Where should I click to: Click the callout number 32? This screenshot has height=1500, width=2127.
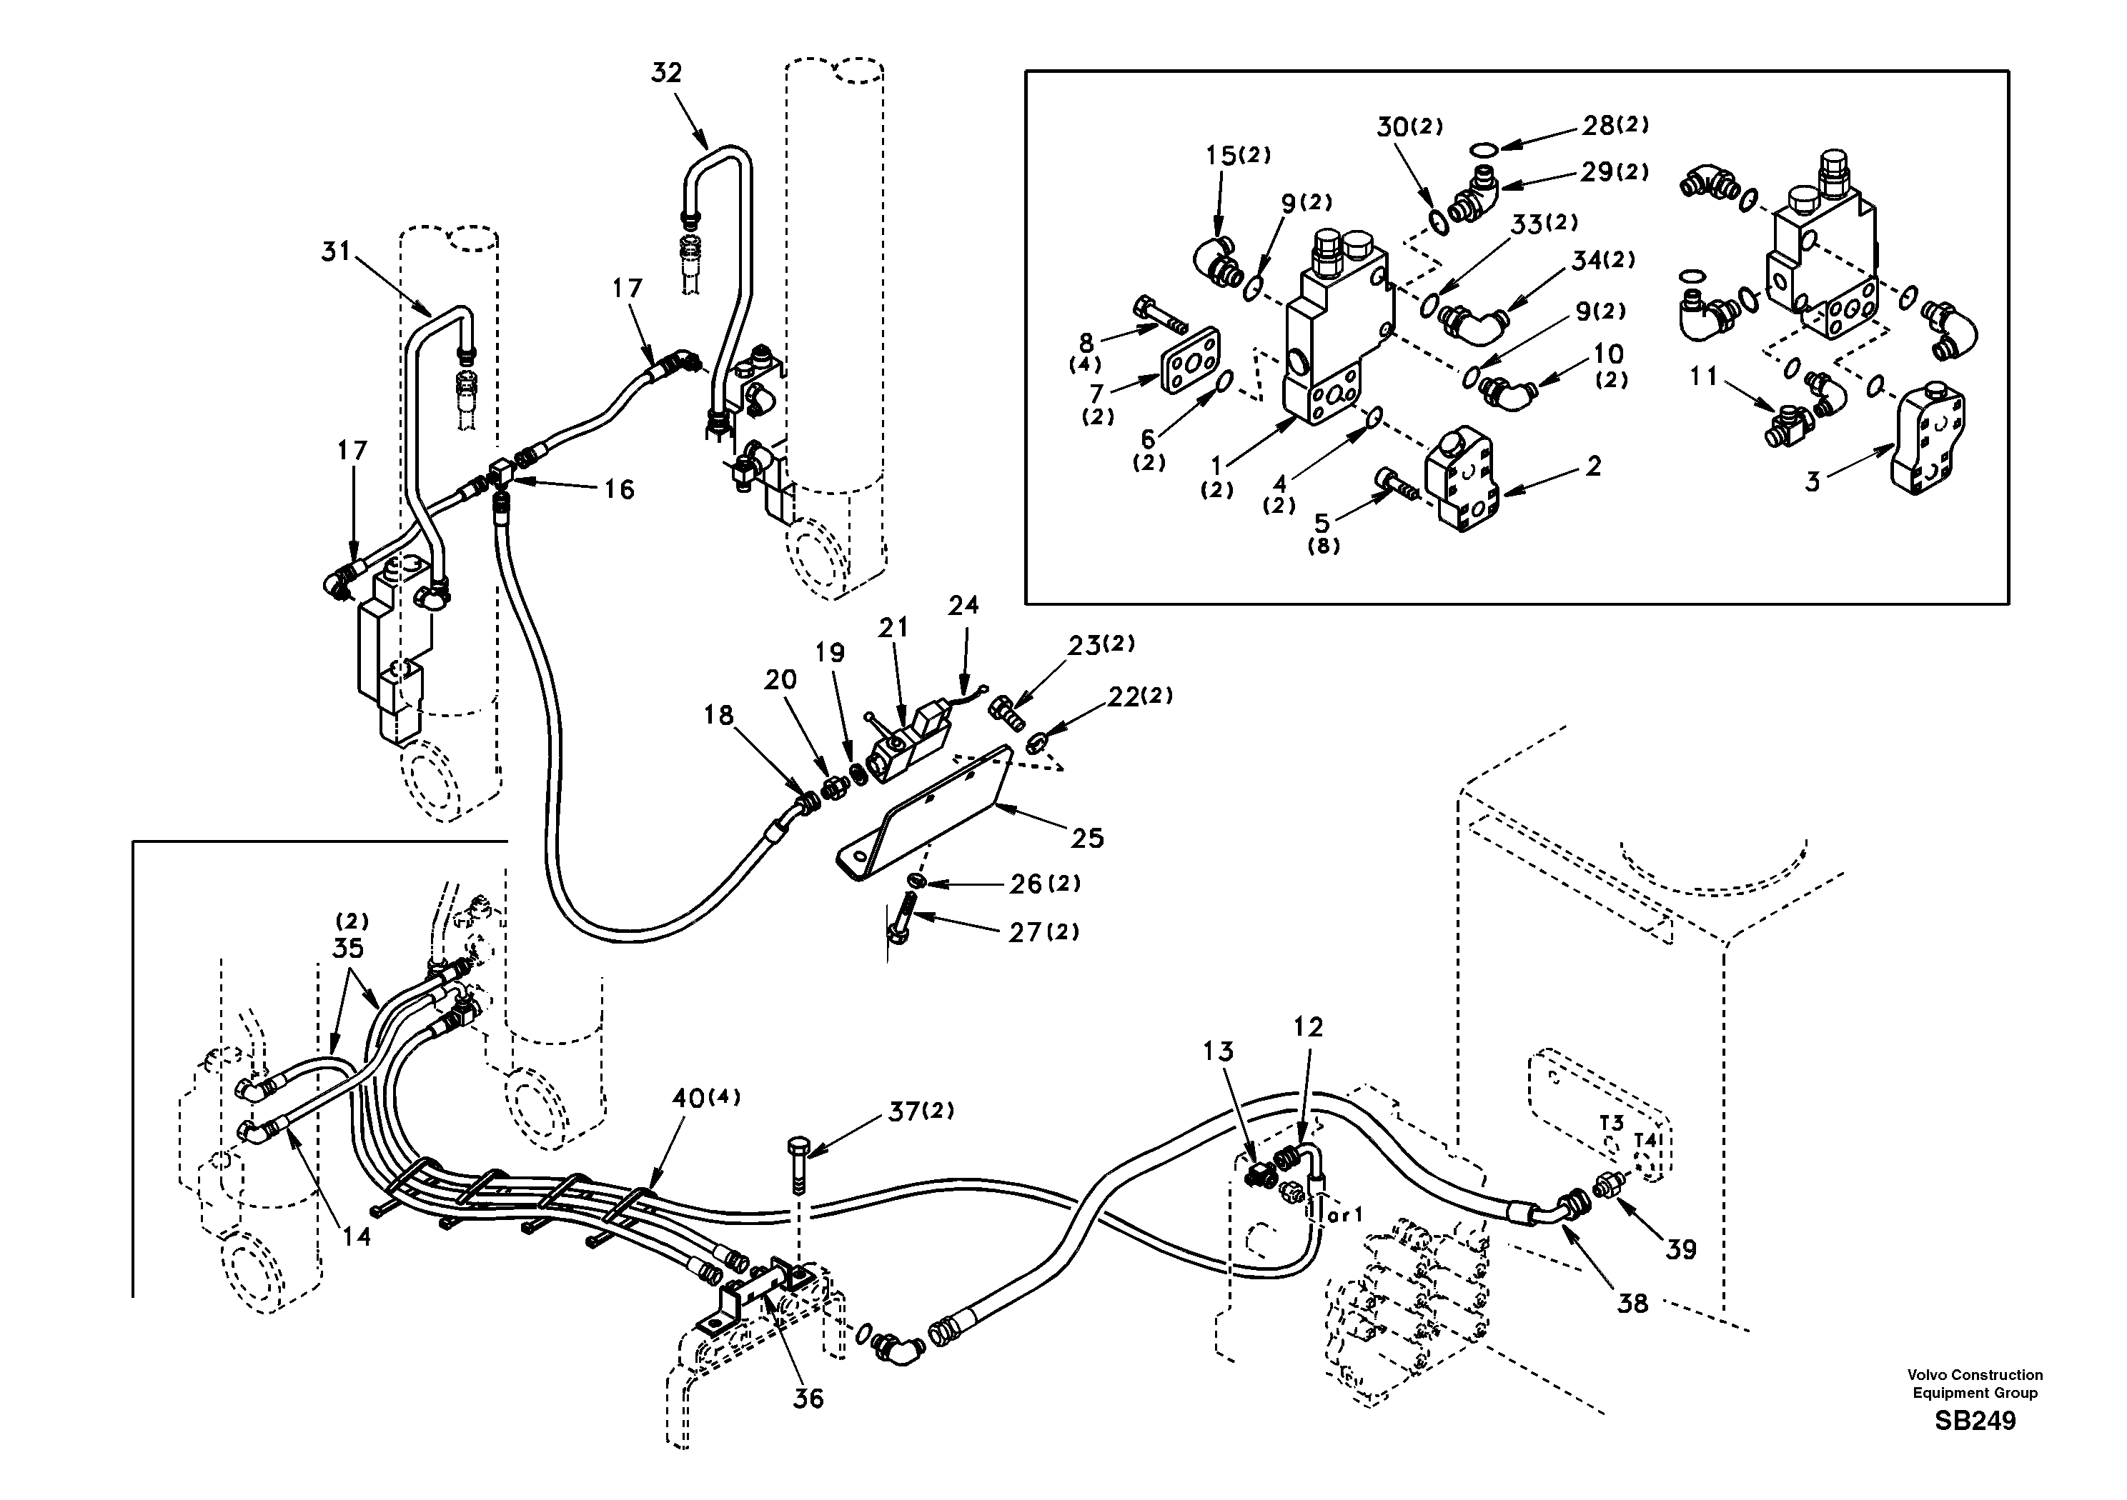(666, 72)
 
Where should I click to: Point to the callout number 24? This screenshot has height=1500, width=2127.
(963, 606)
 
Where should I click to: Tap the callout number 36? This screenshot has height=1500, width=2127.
(808, 1398)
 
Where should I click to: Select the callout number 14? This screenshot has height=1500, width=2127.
(357, 1236)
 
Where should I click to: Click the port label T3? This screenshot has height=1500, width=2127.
(1611, 1123)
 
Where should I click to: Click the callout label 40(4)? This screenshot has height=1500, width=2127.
(706, 1099)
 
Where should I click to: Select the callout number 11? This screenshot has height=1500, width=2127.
(1702, 377)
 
